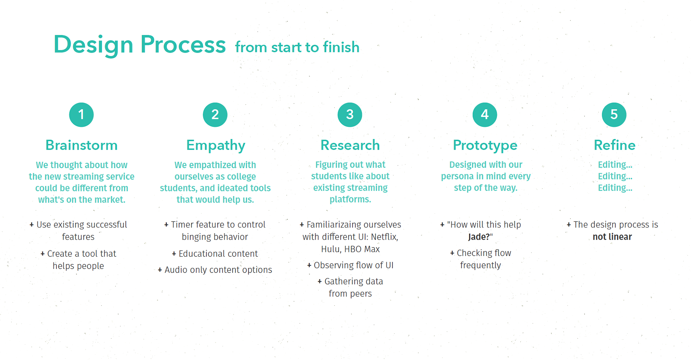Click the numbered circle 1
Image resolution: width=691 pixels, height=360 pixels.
pyautogui.click(x=81, y=115)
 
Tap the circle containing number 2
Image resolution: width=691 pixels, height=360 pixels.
pyautogui.click(x=215, y=115)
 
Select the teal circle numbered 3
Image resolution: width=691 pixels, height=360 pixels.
pyautogui.click(x=350, y=115)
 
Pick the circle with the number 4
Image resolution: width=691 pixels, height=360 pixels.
pyautogui.click(x=485, y=115)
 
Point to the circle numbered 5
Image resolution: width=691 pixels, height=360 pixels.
pyautogui.click(x=614, y=115)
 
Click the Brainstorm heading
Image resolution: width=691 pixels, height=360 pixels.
pyautogui.click(x=81, y=145)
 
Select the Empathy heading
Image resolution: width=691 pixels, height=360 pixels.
pyautogui.click(x=216, y=145)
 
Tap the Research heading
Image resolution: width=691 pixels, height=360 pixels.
pyautogui.click(x=350, y=145)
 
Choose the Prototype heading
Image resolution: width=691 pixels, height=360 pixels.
pyautogui.click(x=485, y=145)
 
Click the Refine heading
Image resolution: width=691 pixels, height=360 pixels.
pyautogui.click(x=614, y=145)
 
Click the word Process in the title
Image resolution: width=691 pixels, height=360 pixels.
pyautogui.click(x=183, y=45)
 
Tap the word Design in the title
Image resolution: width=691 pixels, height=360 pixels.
pyautogui.click(x=94, y=45)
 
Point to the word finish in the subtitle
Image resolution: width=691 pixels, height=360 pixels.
pyautogui.click(x=341, y=47)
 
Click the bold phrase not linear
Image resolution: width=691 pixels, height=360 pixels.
pyautogui.click(x=612, y=237)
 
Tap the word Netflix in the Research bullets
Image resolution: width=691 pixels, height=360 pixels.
pyautogui.click(x=384, y=237)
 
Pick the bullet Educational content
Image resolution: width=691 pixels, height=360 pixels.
pyautogui.click(x=215, y=254)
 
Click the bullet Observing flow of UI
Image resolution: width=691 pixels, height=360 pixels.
pyautogui.click(x=350, y=265)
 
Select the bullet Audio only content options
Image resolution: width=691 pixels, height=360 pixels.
pyautogui.click(x=215, y=270)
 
